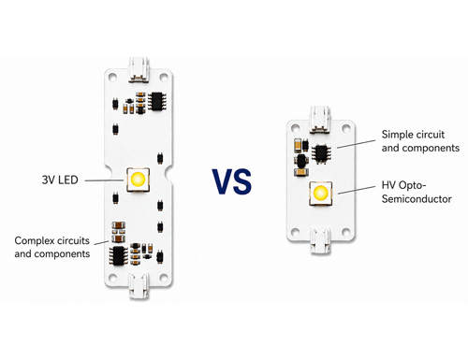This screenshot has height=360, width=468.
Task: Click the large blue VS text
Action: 232,181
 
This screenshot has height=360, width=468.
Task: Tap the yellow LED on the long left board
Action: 139,180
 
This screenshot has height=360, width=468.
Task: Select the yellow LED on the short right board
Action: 320,194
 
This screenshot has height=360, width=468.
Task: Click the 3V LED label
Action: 60,180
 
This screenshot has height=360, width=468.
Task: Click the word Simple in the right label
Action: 396,135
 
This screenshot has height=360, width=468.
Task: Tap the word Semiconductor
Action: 417,199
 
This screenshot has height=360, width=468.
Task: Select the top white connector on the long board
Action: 139,69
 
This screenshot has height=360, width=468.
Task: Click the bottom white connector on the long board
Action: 139,286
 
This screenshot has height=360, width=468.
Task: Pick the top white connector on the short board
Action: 319,120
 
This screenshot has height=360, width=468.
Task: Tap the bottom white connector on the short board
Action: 320,241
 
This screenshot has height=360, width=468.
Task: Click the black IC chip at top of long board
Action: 157,101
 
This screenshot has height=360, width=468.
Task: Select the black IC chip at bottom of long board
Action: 118,255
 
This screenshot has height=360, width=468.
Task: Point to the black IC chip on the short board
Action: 321,153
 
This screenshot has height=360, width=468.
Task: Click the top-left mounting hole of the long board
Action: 112,77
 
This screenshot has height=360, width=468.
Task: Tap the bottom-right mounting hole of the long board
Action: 164,278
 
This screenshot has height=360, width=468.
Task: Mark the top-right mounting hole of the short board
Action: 346,127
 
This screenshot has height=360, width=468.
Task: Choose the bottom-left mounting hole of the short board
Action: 295,232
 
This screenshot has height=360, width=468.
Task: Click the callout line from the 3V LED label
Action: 105,180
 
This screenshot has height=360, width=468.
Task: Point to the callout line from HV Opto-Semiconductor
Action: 357,190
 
